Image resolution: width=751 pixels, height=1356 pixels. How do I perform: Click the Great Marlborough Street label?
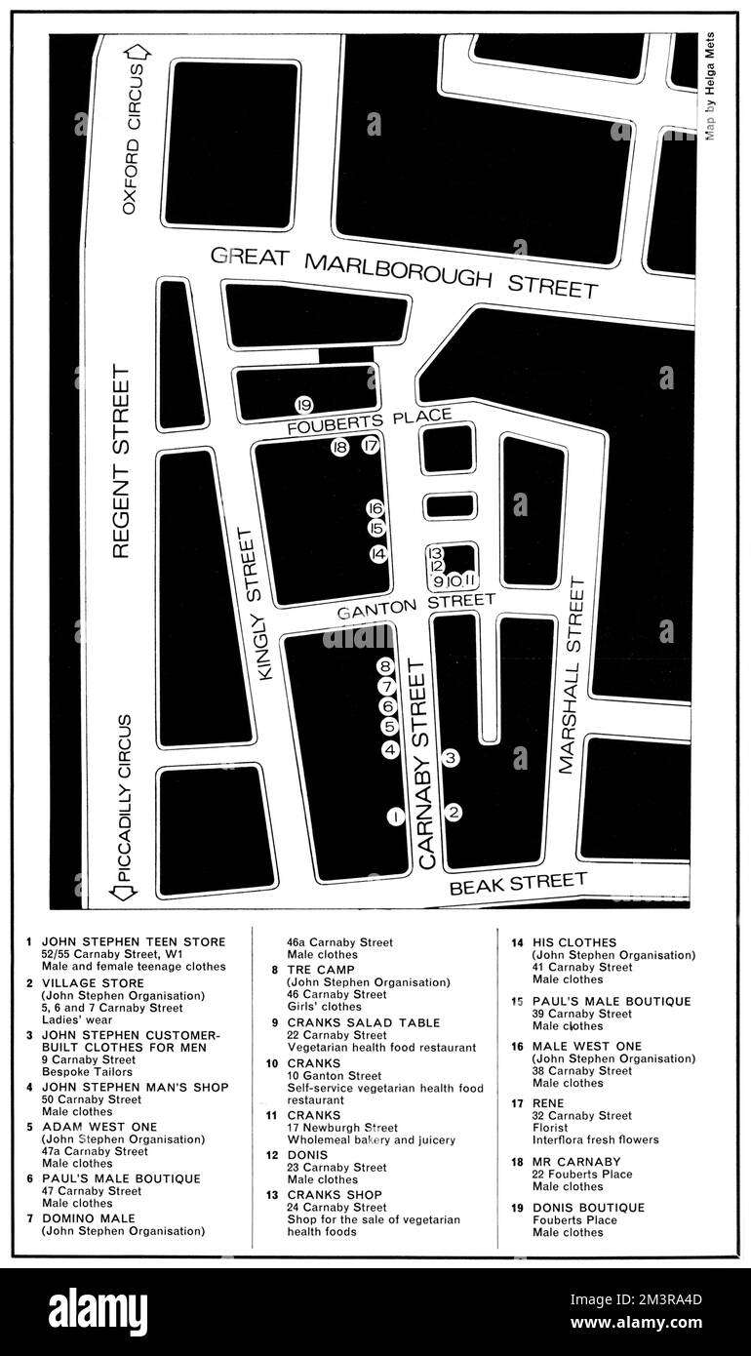pyautogui.click(x=404, y=272)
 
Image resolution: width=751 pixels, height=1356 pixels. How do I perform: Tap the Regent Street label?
pyautogui.click(x=122, y=460)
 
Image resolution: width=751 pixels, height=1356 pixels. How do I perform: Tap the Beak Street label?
pyautogui.click(x=518, y=884)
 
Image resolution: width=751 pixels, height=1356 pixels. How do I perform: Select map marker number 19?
pyautogui.click(x=303, y=405)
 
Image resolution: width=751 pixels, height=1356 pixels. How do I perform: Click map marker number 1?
pyautogui.click(x=395, y=817)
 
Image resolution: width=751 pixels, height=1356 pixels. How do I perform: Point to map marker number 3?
pyautogui.click(x=451, y=757)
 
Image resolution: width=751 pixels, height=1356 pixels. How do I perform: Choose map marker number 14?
pyautogui.click(x=378, y=554)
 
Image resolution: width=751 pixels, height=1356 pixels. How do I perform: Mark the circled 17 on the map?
pyautogui.click(x=370, y=447)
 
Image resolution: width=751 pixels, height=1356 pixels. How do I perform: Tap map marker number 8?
pyautogui.click(x=385, y=666)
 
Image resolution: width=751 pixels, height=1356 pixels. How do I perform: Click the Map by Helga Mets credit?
pyautogui.click(x=710, y=88)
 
